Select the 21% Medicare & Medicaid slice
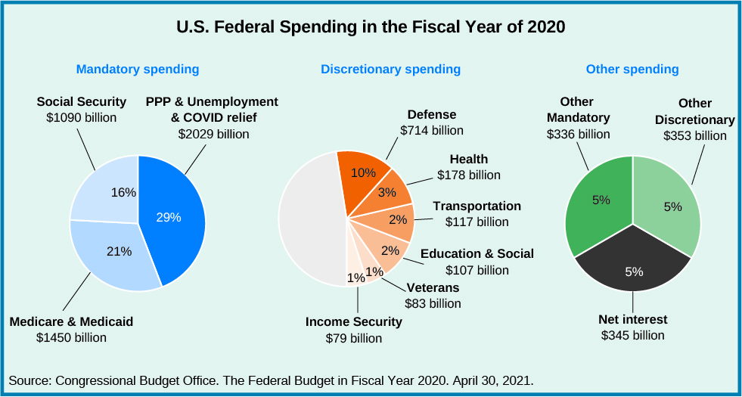click(113, 253)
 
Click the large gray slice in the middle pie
click(310, 219)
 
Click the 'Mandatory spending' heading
click(138, 70)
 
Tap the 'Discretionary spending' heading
click(390, 70)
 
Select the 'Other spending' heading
click(632, 70)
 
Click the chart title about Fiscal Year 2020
click(371, 28)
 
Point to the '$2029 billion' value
click(213, 134)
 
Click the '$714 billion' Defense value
click(432, 130)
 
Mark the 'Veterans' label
click(433, 288)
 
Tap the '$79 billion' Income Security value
click(354, 338)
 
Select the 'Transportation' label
click(477, 206)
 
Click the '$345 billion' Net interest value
click(632, 335)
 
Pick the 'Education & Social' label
click(477, 254)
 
